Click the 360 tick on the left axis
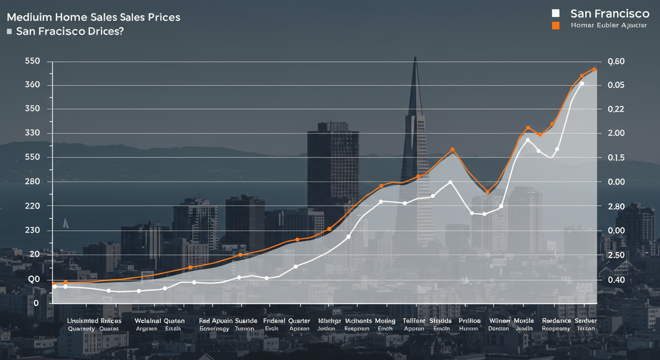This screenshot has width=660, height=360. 34,85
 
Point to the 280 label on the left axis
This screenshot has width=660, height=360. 34,182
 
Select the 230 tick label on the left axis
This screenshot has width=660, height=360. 34,231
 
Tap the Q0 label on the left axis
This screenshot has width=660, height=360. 34,280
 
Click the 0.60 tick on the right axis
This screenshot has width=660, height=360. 616,62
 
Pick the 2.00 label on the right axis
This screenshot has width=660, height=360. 616,134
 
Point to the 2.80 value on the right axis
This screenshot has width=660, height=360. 616,207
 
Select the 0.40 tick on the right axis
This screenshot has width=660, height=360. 616,280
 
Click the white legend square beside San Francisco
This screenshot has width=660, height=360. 556,13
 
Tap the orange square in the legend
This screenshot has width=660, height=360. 556,25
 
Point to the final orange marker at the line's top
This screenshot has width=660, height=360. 594,69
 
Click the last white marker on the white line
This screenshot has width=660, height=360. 582,83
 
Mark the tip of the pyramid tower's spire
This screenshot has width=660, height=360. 415,57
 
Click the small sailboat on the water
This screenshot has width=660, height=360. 65,223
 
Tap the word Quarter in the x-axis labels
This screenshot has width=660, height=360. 299,321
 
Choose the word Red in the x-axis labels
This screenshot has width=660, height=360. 204,321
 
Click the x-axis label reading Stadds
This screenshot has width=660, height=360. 441,321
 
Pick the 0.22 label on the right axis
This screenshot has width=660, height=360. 616,109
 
